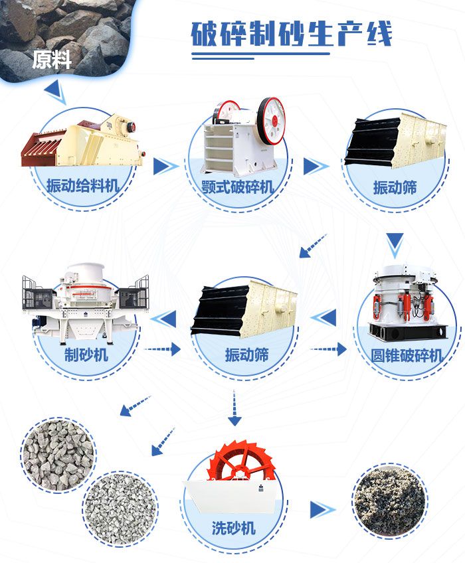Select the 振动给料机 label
tap(83, 187)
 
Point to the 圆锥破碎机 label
tap(407, 356)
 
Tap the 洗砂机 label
tap(233, 528)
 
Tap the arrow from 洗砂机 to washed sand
tap(322, 510)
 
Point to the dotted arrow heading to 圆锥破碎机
tap(329, 349)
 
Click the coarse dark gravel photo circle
tap(58, 454)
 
